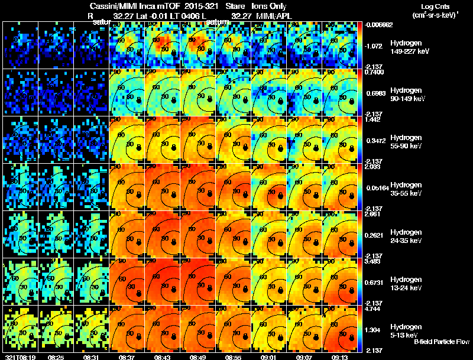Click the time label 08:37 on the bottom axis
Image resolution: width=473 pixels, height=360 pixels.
pyautogui.click(x=127, y=357)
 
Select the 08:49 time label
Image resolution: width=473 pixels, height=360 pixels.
pyautogui.click(x=198, y=357)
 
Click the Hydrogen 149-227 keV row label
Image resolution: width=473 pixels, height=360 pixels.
pyautogui.click(x=406, y=47)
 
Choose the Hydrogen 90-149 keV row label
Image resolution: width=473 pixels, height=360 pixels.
pyautogui.click(x=406, y=94)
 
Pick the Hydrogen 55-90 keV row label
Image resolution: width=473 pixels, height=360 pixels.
pyautogui.click(x=406, y=141)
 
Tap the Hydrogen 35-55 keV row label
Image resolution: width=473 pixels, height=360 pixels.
pyautogui.click(x=406, y=189)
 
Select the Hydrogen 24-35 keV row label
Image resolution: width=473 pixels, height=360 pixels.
pyautogui.click(x=406, y=236)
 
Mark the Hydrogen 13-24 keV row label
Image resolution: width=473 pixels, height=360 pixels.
pyautogui.click(x=406, y=283)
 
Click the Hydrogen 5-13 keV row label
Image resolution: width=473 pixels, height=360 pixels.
pyautogui.click(x=406, y=330)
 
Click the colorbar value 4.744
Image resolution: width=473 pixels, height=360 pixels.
pyautogui.click(x=374, y=308)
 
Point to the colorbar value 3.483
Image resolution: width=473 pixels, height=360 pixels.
pyautogui.click(x=374, y=261)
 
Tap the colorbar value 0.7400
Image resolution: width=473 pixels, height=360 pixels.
pyautogui.click(x=374, y=72)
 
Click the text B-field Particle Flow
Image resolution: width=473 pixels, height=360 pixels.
pyautogui.click(x=441, y=342)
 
